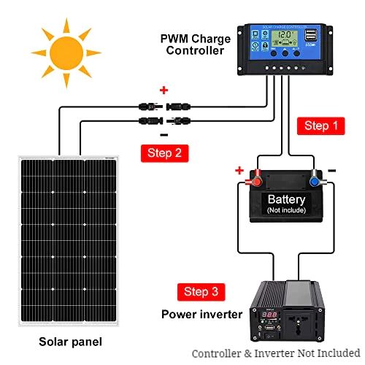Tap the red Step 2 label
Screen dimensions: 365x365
tap(164, 153)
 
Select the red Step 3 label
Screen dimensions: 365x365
tap(201, 291)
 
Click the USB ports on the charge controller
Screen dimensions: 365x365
tap(312, 35)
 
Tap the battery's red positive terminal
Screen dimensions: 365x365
tap(255, 178)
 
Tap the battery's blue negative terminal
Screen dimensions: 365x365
tap(316, 178)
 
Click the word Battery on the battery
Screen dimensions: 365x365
tap(286, 199)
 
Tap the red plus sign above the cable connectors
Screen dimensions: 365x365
tap(164, 91)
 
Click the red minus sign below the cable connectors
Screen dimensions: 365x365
tap(164, 136)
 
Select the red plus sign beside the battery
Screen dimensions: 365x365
tap(239, 170)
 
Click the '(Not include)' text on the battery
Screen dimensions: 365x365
tap(286, 210)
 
